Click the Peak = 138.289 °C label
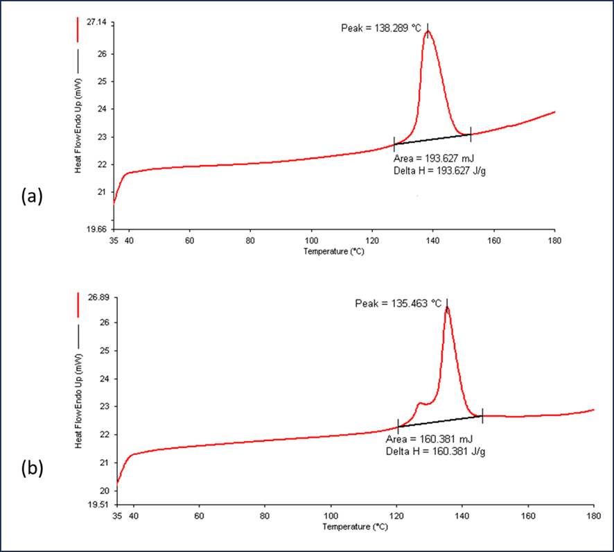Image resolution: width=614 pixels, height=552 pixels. coord(381,27)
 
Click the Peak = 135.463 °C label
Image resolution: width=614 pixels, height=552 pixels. coord(398,303)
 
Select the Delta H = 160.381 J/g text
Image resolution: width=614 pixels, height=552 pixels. coord(429,450)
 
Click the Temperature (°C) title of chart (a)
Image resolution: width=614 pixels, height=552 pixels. coord(333,252)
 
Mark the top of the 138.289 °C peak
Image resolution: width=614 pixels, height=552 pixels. coord(428,31)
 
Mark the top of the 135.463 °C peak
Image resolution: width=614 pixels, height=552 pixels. coord(447,307)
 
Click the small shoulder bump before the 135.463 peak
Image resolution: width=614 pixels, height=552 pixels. coord(421,404)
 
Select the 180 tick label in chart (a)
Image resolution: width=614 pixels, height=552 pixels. coord(554,240)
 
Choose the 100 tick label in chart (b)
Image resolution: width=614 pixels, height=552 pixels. coord(331,516)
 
